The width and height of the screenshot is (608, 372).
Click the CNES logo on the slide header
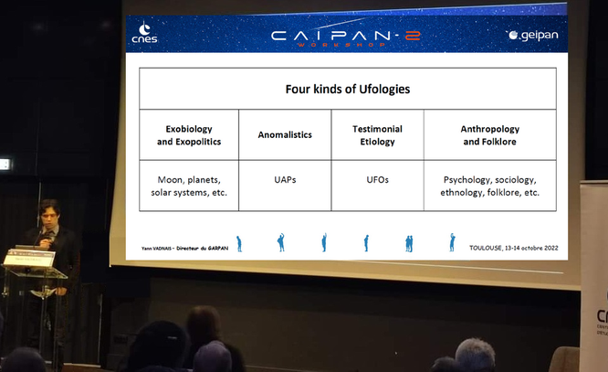tap(144, 32)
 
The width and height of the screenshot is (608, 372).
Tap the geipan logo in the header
tap(534, 35)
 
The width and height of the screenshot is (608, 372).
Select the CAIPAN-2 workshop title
tap(345, 37)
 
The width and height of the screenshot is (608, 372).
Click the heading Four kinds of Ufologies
tap(348, 89)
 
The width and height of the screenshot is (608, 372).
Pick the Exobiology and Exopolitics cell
tap(189, 134)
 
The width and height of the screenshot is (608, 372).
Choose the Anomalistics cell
tap(285, 134)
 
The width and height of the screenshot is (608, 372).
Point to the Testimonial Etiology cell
tap(377, 134)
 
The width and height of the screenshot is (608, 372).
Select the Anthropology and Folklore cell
tap(489, 134)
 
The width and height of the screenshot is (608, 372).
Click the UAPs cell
tap(285, 186)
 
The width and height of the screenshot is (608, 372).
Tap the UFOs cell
tap(377, 186)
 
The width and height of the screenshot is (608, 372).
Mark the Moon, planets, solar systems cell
tap(189, 186)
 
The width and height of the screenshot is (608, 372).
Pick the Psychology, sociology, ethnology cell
tap(489, 186)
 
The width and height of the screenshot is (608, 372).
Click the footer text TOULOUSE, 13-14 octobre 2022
tap(514, 248)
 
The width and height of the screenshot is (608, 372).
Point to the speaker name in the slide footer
tap(185, 248)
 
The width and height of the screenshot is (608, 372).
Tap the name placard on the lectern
tap(29, 258)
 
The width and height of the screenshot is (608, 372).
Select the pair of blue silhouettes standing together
tap(409, 243)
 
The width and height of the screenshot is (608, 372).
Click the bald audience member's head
tap(475, 354)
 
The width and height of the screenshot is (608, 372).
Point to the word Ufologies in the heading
tap(384, 90)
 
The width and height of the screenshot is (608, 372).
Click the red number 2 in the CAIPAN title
tap(413, 36)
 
